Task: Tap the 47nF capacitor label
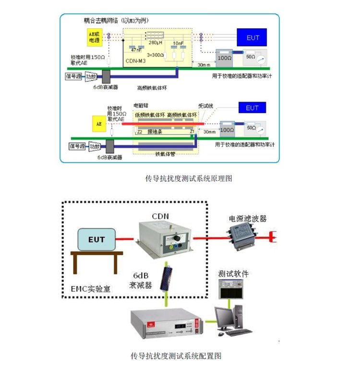(135, 49)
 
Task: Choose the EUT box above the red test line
(252, 108)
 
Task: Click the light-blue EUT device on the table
(96, 239)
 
